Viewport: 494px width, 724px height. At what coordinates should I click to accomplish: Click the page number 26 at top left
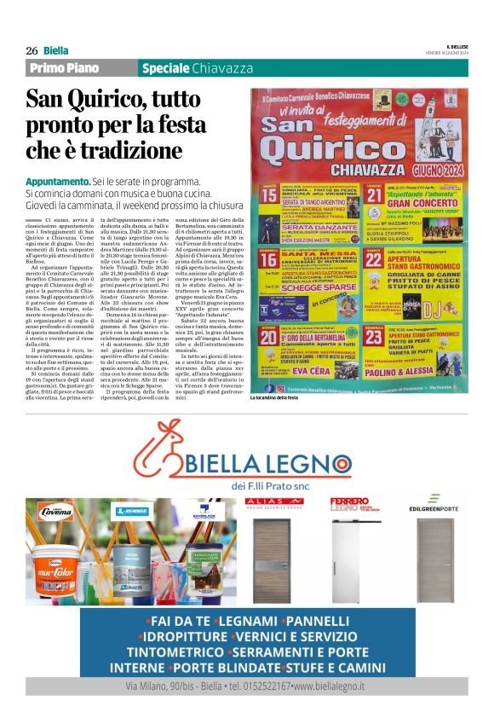pos(32,50)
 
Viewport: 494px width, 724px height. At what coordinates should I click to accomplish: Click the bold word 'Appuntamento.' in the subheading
pos(58,182)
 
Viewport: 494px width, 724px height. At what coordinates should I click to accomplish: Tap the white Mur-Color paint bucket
pos(59,564)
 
